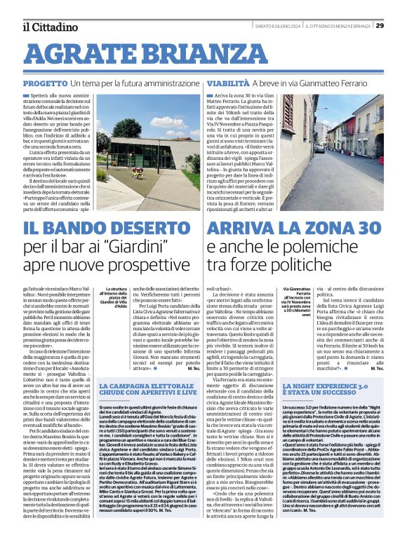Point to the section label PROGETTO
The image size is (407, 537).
44,83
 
